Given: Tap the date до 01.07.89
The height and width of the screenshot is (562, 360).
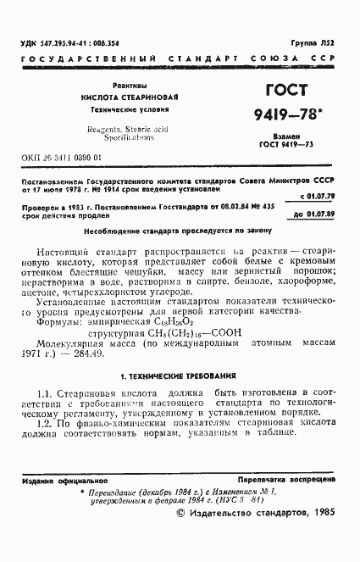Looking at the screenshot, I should click(317, 216).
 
